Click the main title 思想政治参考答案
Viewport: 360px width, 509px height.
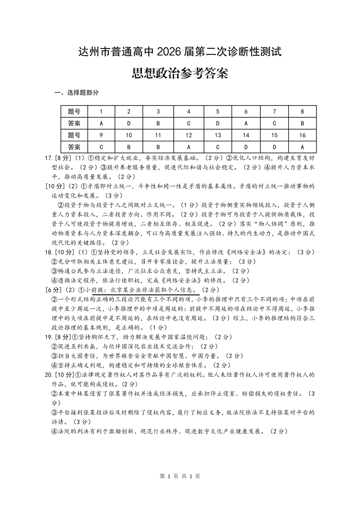(180, 73)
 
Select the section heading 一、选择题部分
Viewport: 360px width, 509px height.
(76, 93)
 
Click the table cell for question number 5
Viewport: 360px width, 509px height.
(218, 111)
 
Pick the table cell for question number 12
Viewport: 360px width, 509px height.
(189, 135)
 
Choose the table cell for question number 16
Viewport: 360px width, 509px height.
(302, 135)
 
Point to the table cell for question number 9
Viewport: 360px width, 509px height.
(101, 135)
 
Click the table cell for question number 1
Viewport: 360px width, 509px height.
(101, 111)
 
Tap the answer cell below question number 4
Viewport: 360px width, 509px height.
(189, 123)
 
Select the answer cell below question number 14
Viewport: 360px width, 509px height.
(246, 147)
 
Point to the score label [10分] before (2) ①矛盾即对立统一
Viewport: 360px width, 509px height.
(56, 186)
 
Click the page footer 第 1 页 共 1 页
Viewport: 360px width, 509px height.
(180, 476)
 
